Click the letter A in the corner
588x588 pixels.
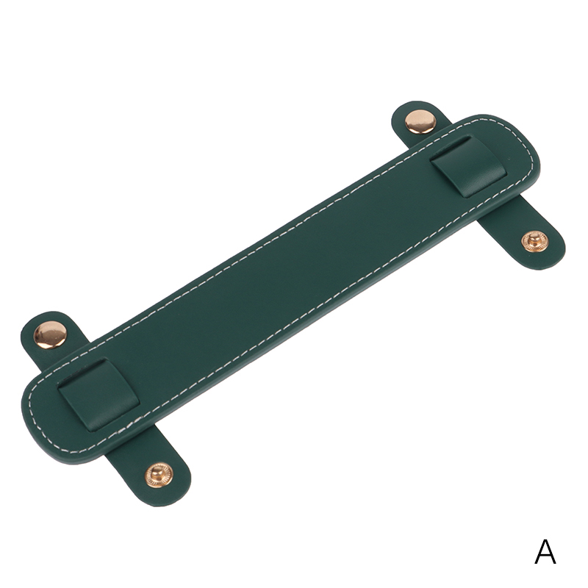click(x=545, y=552)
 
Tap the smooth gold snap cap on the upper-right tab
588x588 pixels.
click(x=420, y=121)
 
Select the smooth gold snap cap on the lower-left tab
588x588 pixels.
click(x=50, y=334)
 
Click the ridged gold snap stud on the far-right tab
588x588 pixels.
click(x=535, y=242)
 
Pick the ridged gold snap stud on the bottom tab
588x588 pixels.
click(x=159, y=475)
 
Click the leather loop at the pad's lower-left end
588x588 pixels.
click(x=99, y=394)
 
